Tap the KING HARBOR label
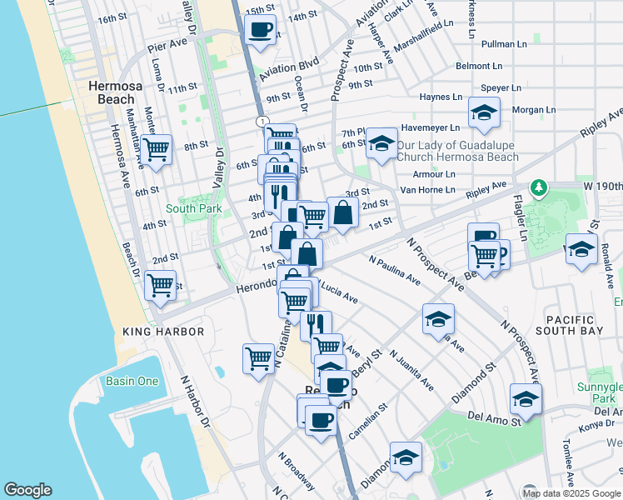point(163,332)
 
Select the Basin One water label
point(132,381)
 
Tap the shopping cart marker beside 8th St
point(156,150)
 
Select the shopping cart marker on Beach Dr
point(159,285)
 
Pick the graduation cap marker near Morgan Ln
point(483,113)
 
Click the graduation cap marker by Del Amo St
point(525,399)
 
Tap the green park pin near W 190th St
point(539,186)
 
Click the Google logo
point(27,490)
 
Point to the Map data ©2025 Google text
point(571,493)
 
